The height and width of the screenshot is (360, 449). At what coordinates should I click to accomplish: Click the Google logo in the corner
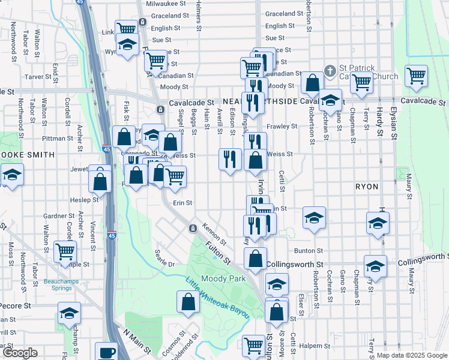[19, 353]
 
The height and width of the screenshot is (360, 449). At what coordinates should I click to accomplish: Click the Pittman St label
[58, 138]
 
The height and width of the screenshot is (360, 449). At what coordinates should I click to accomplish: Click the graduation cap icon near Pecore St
[69, 313]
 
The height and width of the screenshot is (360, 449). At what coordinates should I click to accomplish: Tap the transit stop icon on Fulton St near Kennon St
[193, 229]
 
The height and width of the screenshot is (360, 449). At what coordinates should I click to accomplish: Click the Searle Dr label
[164, 259]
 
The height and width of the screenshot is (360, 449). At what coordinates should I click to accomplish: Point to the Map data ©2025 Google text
[412, 355]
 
